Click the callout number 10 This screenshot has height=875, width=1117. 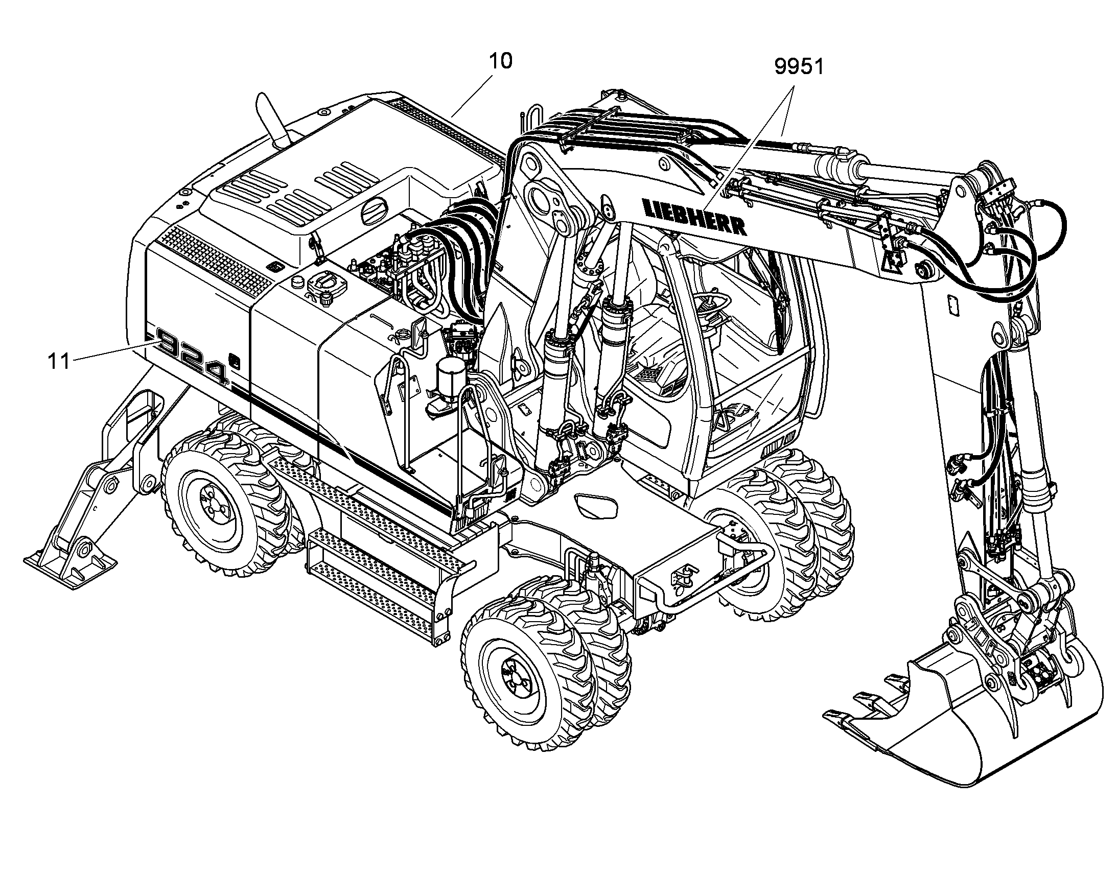500,61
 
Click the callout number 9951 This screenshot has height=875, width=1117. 799,66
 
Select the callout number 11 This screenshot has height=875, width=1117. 58,361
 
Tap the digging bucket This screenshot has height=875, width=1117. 963,717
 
